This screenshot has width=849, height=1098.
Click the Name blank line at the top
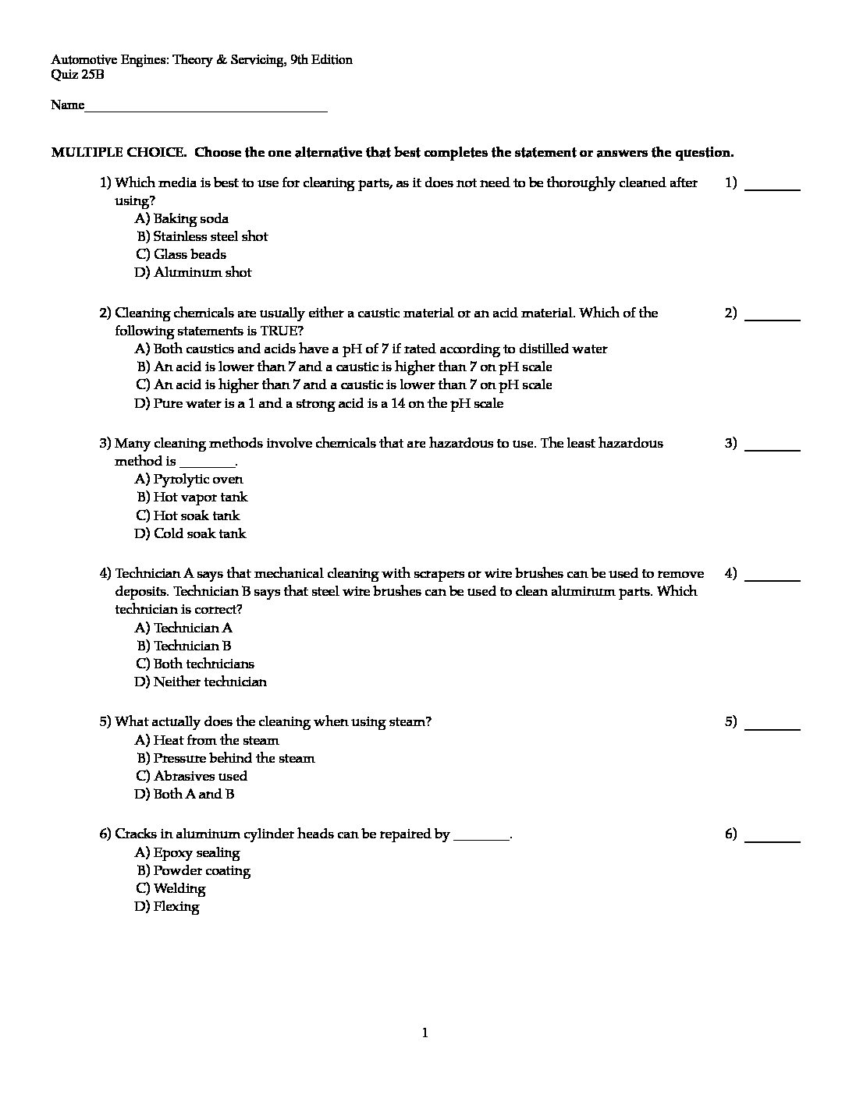205,108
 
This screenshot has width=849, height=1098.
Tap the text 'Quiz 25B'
77,75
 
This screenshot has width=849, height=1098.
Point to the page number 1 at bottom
424,1033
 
